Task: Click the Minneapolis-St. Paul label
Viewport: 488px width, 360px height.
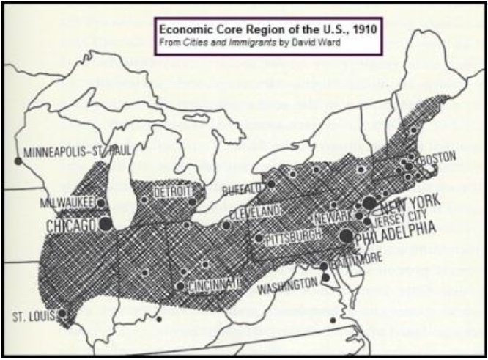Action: (76, 153)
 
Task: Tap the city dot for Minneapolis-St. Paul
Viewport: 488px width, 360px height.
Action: (18, 161)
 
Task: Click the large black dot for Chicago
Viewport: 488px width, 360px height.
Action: (106, 223)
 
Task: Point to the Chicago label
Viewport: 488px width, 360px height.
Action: (72, 226)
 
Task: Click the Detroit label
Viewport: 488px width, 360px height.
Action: (171, 192)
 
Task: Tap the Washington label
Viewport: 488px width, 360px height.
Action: (287, 288)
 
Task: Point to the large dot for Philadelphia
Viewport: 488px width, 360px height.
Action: (347, 236)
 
